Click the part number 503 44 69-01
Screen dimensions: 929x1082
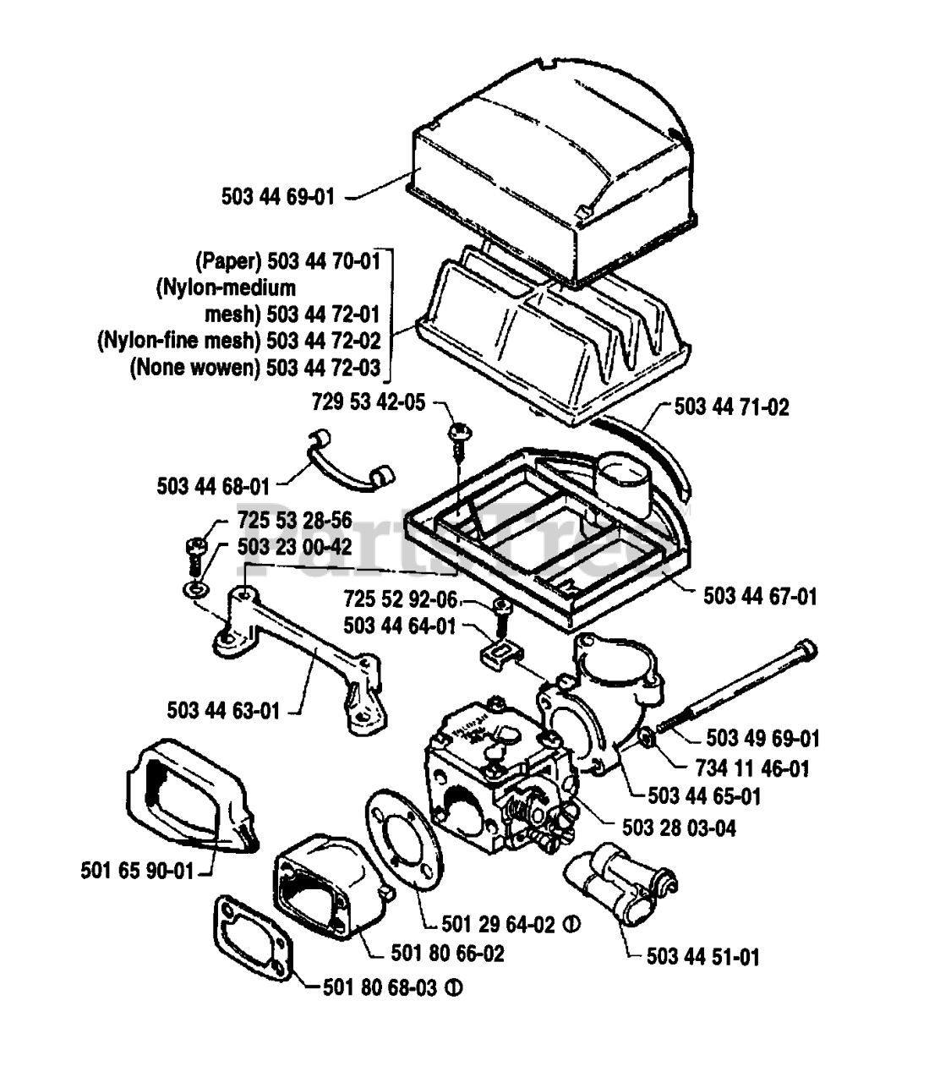[x=277, y=197]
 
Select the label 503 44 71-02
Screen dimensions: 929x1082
[x=732, y=407]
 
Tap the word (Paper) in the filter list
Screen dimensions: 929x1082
[x=229, y=261]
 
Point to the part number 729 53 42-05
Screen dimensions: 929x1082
[x=369, y=402]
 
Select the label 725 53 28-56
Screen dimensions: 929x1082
[x=295, y=521]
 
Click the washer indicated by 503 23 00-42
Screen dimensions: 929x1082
[x=196, y=590]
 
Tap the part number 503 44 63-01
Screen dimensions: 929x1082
[x=223, y=711]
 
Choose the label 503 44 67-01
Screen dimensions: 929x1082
[x=760, y=596]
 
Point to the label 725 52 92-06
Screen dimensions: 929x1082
[x=401, y=598]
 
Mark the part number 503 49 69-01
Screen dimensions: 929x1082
[x=762, y=739]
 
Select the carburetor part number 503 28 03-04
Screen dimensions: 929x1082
[x=679, y=828]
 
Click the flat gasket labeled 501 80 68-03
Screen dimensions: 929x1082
[x=253, y=938]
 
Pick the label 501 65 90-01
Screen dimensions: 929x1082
[x=137, y=871]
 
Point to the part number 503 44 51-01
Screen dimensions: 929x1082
[x=703, y=957]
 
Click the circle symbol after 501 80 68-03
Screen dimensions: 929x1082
[x=453, y=988]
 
